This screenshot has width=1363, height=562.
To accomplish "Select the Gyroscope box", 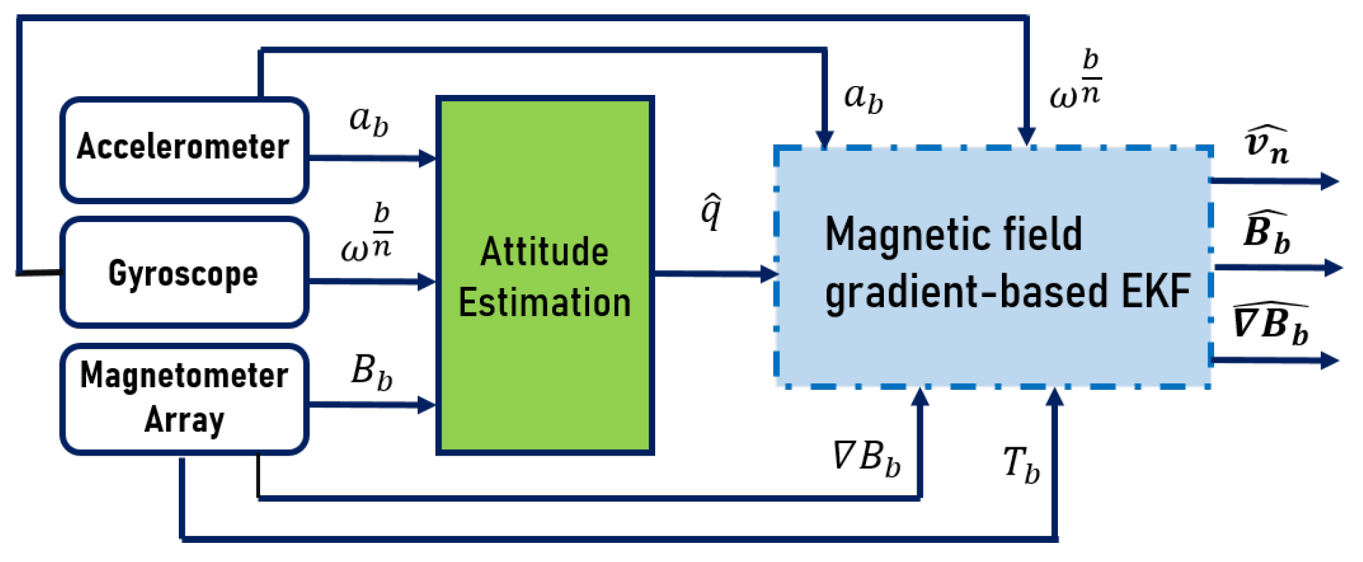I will click(x=183, y=273).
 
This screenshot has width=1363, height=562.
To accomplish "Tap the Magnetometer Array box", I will click(x=183, y=398).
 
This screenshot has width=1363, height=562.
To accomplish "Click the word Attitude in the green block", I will click(x=544, y=251).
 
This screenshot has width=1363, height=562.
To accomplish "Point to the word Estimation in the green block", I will click(x=544, y=303).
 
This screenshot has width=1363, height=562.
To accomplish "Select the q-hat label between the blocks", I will click(x=711, y=212).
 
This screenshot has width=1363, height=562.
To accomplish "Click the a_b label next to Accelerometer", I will click(x=369, y=121).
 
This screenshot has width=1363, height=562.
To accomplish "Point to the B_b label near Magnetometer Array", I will click(x=372, y=373).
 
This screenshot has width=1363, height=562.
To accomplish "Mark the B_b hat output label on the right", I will click(x=1267, y=232).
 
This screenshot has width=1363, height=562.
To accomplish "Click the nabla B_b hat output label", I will click(x=1270, y=324).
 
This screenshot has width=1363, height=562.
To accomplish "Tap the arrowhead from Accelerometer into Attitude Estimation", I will click(x=427, y=159).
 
